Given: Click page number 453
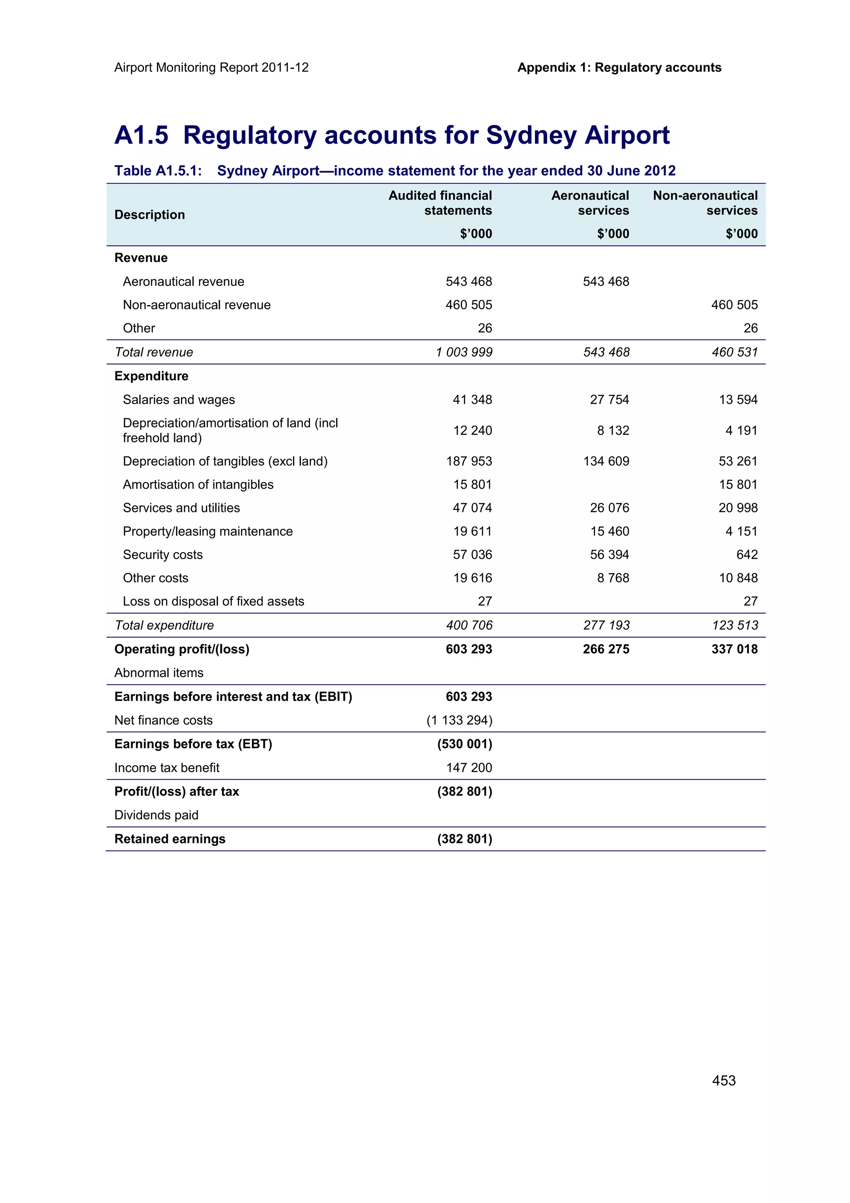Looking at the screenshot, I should (723, 1081).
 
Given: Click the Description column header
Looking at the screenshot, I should (149, 215).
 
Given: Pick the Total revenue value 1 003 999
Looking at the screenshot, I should (464, 352).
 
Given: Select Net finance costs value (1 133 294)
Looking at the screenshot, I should (459, 721).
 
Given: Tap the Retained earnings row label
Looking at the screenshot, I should (170, 839).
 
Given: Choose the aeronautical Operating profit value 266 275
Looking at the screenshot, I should (606, 649).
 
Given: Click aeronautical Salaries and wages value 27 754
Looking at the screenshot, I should (609, 400).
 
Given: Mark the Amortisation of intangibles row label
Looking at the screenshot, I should (198, 485).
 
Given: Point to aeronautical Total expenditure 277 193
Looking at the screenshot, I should (606, 625).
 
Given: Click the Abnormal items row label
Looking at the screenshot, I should (159, 673).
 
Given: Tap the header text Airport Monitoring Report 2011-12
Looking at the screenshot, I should (211, 68).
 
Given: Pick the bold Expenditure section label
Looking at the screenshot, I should (151, 376).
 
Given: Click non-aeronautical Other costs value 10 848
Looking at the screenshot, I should (738, 578).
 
